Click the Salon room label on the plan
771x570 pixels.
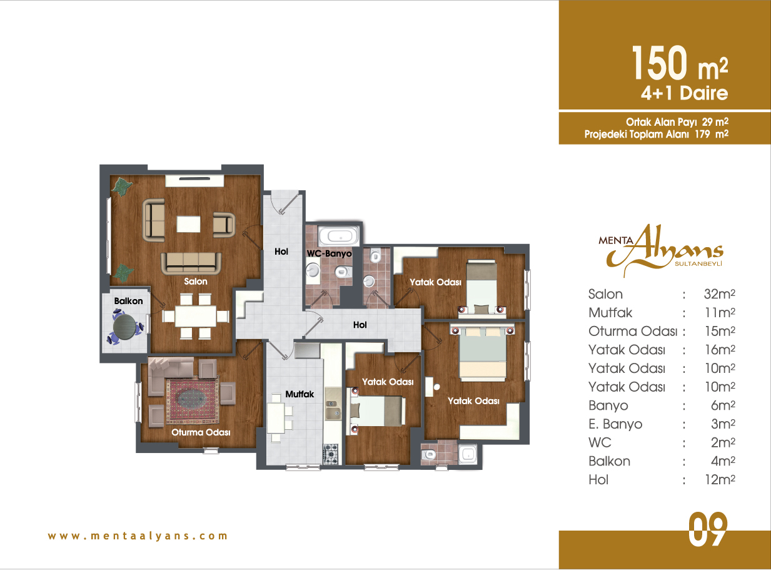195,281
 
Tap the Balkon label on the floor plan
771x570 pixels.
128,301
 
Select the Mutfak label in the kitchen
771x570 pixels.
300,394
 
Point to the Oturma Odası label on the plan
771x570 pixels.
201,432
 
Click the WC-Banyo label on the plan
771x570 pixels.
329,253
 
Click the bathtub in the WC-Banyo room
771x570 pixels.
338,237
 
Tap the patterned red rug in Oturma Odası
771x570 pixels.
192,400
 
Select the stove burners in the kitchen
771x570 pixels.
331,454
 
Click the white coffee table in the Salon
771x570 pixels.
188,224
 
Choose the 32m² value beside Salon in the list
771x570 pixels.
719,294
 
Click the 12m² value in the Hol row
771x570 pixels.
720,479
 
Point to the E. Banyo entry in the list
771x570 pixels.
615,424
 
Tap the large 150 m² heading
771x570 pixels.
680,63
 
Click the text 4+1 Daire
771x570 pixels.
685,93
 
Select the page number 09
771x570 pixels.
708,529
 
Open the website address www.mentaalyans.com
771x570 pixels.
138,536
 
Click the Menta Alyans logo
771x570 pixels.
660,250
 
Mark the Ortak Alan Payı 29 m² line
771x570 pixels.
677,122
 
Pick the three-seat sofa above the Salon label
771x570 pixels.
191,263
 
